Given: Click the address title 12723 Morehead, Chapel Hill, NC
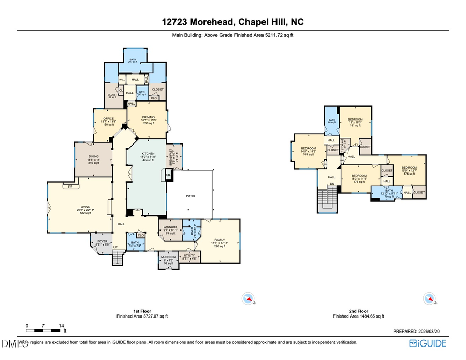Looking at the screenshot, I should click(232, 22).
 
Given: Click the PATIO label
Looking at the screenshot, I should click(190, 196).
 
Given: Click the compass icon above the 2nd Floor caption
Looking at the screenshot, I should click(429, 298).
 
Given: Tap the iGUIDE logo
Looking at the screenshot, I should click(427, 343).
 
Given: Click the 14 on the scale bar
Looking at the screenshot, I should click(62, 326).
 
